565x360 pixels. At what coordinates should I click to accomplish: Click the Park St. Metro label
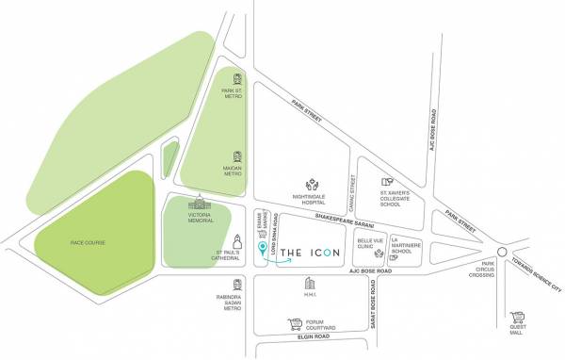tap(233, 91)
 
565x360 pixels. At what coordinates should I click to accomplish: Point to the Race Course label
tap(87, 243)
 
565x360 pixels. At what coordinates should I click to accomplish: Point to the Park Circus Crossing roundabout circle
tap(501, 252)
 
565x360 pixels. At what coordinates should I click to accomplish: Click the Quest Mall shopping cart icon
tap(515, 320)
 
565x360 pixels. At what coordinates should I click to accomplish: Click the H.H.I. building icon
tap(308, 285)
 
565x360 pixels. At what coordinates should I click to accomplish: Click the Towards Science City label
tap(537, 275)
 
